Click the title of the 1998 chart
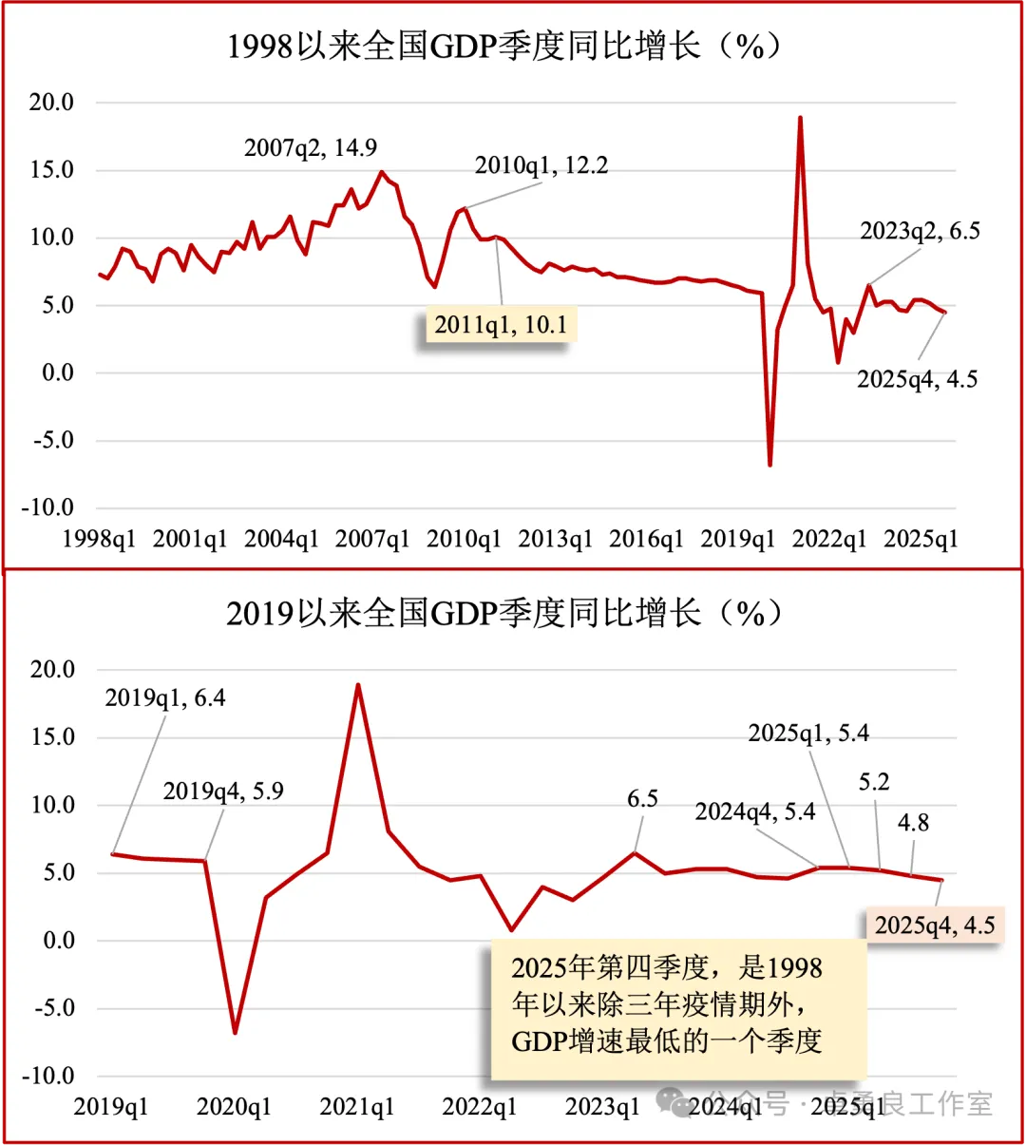pos(503,46)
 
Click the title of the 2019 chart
pos(503,613)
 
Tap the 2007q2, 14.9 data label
pos(311,148)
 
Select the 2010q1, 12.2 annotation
pos(541,165)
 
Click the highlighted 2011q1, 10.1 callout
pos(501,326)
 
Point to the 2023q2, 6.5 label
pos(920,231)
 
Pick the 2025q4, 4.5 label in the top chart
pos(917,379)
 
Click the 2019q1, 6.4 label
pos(165,698)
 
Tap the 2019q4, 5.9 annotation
pos(223,792)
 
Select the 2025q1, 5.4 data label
pos(808,734)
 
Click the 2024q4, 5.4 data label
pos(755,811)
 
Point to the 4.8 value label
pos(913,823)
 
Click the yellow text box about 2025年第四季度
pos(678,1004)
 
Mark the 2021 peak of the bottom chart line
pos(358,684)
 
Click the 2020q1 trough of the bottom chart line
pos(235,1032)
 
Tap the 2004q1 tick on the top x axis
pos(282,540)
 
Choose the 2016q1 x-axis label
pos(646,540)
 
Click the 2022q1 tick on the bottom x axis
pos(480,1107)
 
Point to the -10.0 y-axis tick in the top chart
pos(47,507)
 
